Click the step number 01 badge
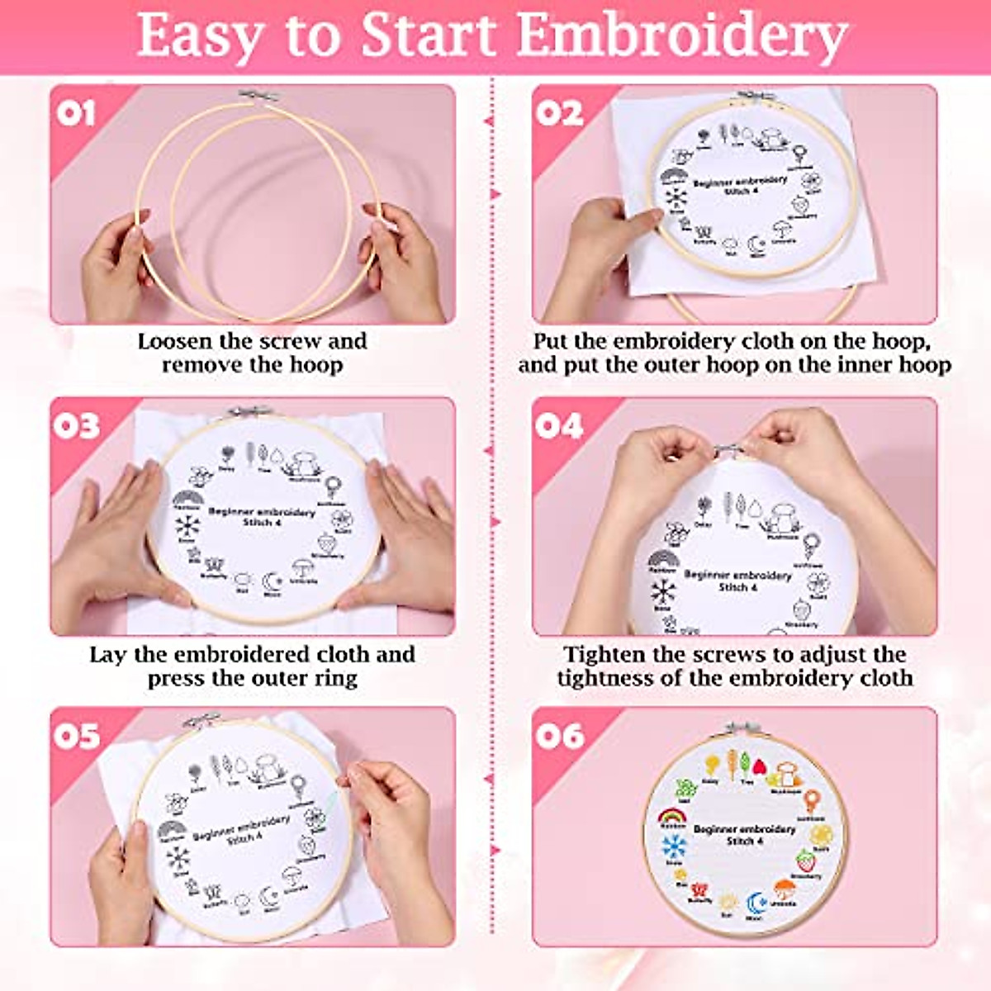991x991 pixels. pyautogui.click(x=76, y=113)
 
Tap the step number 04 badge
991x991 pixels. pyautogui.click(x=559, y=426)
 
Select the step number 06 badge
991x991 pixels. pyautogui.click(x=559, y=736)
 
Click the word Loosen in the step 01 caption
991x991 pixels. pyautogui.click(x=174, y=341)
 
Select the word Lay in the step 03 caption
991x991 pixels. pyautogui.click(x=108, y=655)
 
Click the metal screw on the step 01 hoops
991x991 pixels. pyautogui.click(x=249, y=97)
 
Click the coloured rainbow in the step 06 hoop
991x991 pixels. pyautogui.click(x=673, y=817)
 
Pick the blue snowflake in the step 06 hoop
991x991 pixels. pyautogui.click(x=674, y=846)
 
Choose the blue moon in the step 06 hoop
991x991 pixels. pyautogui.click(x=756, y=903)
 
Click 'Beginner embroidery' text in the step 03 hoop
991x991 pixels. pyautogui.click(x=261, y=512)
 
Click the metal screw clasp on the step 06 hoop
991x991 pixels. pyautogui.click(x=735, y=728)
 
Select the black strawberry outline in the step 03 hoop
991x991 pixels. pyautogui.click(x=328, y=544)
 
